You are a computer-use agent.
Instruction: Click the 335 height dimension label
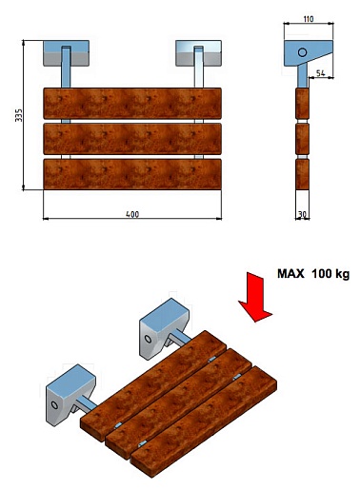coord(19,115)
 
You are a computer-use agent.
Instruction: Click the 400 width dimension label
coord(132,214)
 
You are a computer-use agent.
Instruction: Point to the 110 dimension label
coord(309,19)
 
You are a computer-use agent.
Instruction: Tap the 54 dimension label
coord(321,73)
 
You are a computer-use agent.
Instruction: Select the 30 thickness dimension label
coord(302,214)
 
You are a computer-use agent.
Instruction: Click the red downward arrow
coord(255,297)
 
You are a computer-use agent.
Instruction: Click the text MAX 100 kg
coord(313,273)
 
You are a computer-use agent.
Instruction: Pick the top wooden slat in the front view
coord(132,104)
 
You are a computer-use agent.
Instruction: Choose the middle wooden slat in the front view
coord(132,139)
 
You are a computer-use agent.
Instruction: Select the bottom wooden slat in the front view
coord(132,174)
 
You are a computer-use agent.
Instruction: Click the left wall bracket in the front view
coord(66,53)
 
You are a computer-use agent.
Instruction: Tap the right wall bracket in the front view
coord(198,53)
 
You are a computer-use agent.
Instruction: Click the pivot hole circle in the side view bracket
coord(302,52)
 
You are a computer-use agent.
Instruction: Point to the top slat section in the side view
coord(302,104)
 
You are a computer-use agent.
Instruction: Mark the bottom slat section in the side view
coord(302,174)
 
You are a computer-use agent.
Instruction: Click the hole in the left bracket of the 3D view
coord(54,405)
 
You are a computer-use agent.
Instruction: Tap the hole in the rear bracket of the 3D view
coord(148,339)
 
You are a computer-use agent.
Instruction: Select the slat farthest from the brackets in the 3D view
coord(204,421)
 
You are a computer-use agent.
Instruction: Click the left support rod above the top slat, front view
coord(66,67)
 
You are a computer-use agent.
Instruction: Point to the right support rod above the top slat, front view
coord(198,67)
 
